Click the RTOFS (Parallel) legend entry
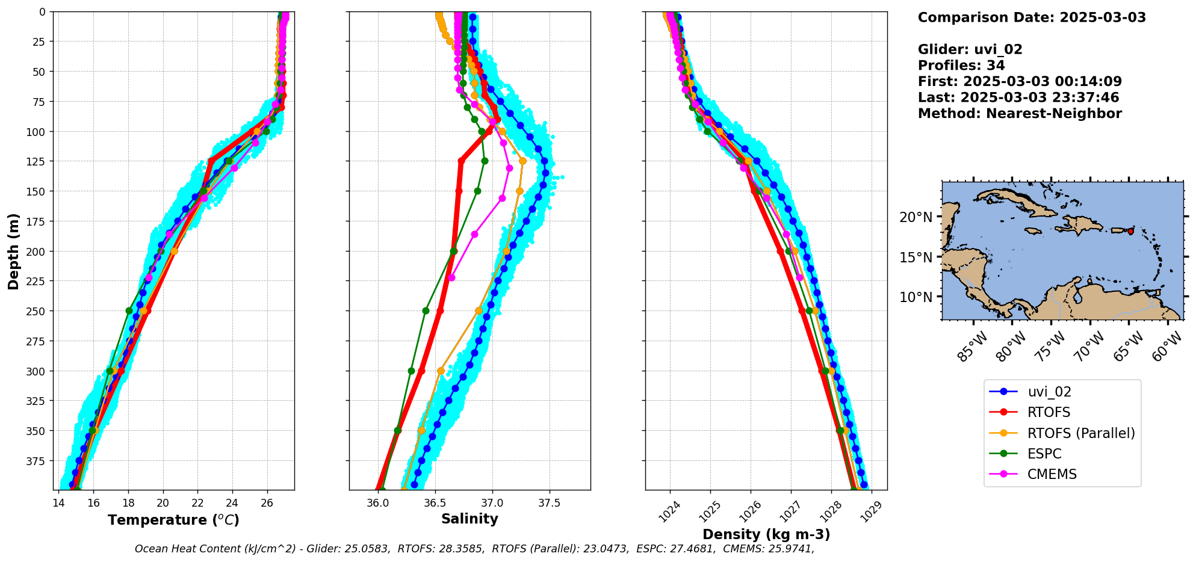[x=1080, y=433]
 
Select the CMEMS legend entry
[x=1052, y=474]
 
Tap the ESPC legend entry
[x=1044, y=454]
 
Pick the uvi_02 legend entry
[x=1049, y=392]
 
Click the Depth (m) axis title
[x=14, y=251]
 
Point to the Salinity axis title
[x=469, y=519]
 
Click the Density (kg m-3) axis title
[x=766, y=534]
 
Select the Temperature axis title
[x=173, y=520]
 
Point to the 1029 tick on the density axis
[x=870, y=510]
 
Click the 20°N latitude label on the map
[x=916, y=217]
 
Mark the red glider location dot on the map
[x=1130, y=231]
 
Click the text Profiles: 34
[x=961, y=66]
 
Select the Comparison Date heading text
[x=1031, y=17]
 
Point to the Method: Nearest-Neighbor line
[x=1019, y=114]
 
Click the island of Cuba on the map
[x=1017, y=202]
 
